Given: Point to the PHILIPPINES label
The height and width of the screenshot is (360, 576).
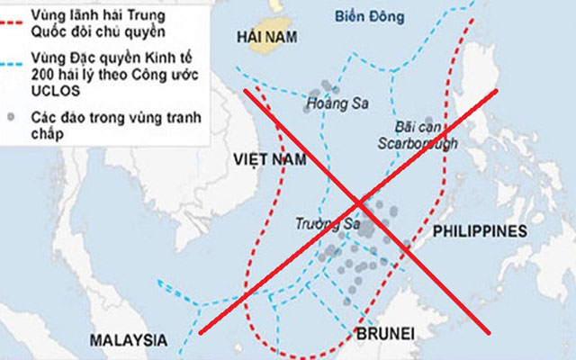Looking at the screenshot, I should coord(479,231).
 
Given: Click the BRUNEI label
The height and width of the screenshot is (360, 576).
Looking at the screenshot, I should coord(386,334).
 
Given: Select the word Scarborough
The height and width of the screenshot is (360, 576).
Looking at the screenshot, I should coord(420,143).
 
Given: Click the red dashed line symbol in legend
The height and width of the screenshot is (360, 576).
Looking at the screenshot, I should coord(13,16).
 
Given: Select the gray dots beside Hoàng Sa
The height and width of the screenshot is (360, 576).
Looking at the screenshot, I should coord(322,91).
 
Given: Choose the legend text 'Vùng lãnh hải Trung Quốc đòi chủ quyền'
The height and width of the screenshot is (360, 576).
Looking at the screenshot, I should coord(90,24).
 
